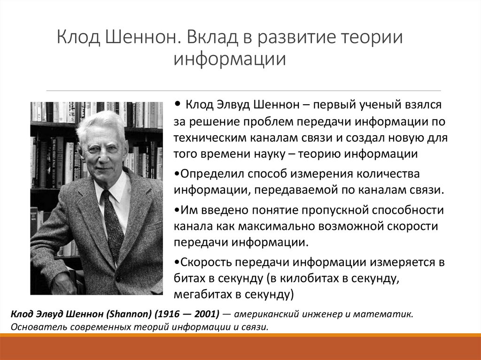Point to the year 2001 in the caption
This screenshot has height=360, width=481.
coord(199,314)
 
